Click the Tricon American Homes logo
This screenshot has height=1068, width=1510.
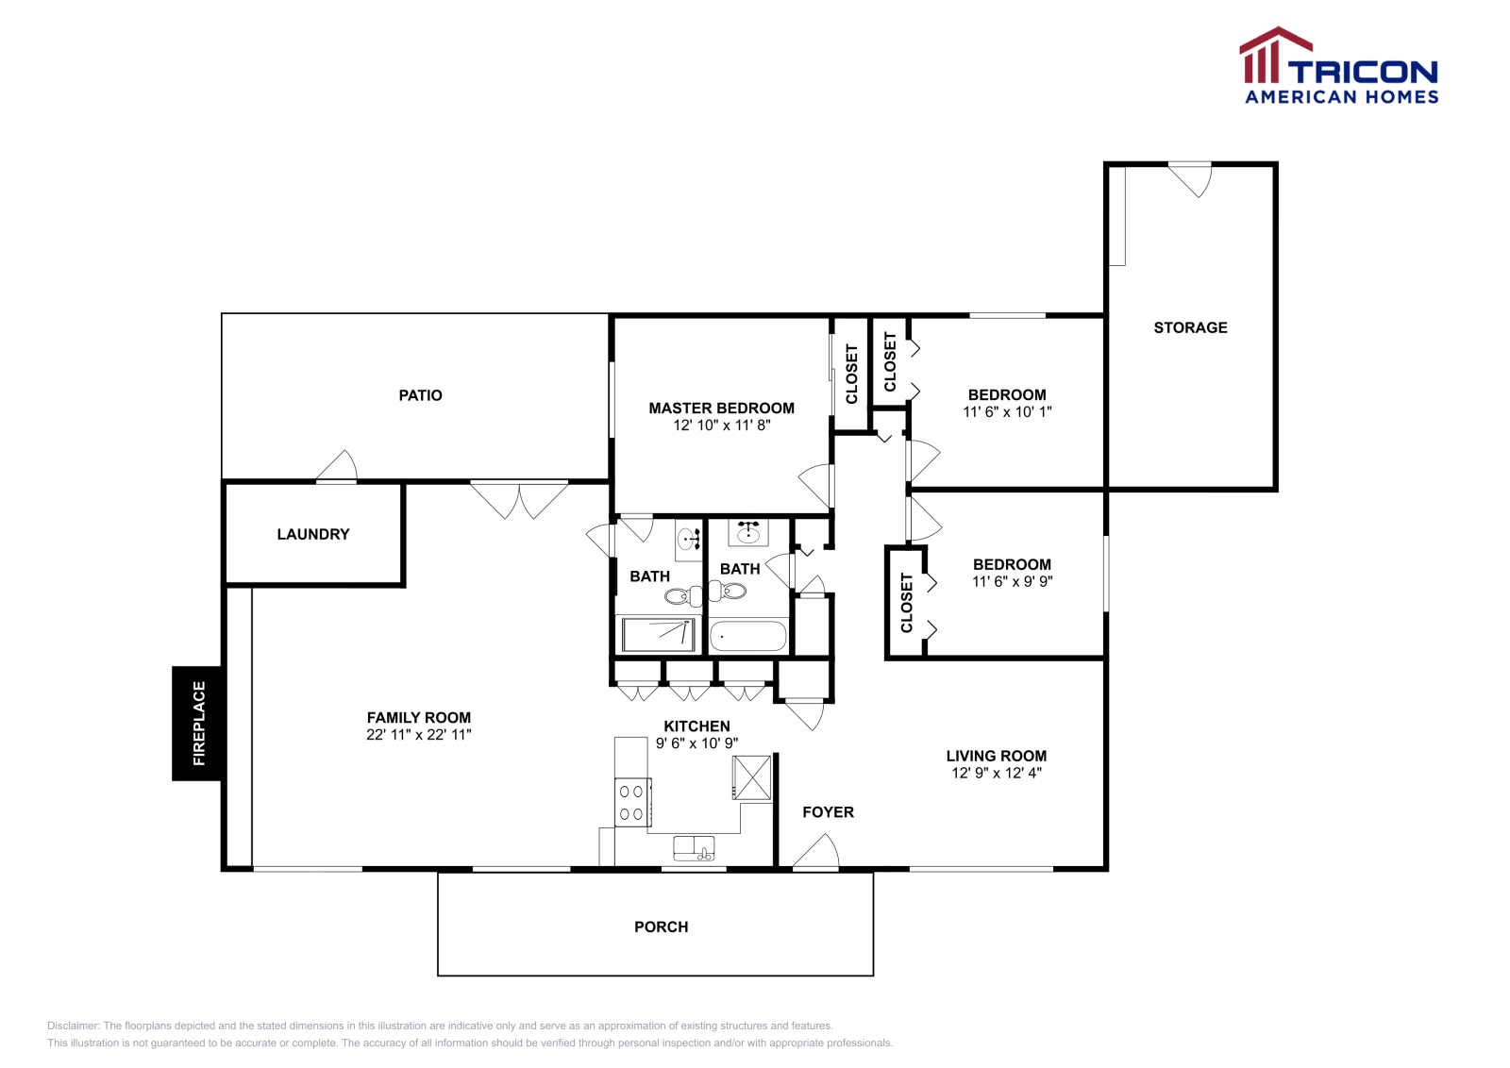[x=1338, y=66]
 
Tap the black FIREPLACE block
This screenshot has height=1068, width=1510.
[x=197, y=723]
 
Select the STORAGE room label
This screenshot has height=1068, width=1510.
[x=1190, y=327]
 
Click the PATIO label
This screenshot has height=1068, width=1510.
[x=420, y=395]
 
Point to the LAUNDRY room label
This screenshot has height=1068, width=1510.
[x=313, y=534]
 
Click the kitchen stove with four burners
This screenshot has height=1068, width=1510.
[x=631, y=802]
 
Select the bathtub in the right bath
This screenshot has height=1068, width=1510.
[x=748, y=636]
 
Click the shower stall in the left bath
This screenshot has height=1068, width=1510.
[x=658, y=635]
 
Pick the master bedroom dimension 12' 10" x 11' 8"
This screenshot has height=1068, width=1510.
[x=721, y=426]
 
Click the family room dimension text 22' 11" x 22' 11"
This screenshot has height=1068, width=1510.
[x=418, y=735]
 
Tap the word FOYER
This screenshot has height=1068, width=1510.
[x=828, y=812]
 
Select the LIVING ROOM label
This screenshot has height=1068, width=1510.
[x=996, y=756]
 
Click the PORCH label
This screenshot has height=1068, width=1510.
[x=661, y=927]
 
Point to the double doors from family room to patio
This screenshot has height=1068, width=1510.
[x=519, y=499]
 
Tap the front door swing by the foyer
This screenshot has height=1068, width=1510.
[x=817, y=854]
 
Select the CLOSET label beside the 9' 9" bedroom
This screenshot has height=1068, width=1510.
[x=907, y=603]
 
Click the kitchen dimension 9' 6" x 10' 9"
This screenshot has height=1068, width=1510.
[x=696, y=743]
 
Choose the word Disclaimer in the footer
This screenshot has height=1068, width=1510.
[x=73, y=1026]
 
